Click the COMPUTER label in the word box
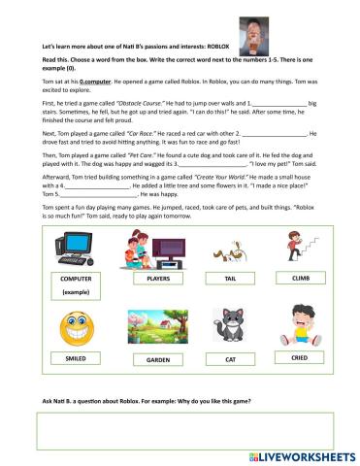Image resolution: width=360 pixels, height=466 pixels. pyautogui.click(x=75, y=279)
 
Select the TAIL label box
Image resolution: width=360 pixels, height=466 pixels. pyautogui.click(x=230, y=279)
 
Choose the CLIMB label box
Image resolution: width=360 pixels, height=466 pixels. pyautogui.click(x=300, y=278)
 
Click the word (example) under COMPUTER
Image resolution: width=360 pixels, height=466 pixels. pyautogui.click(x=75, y=292)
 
